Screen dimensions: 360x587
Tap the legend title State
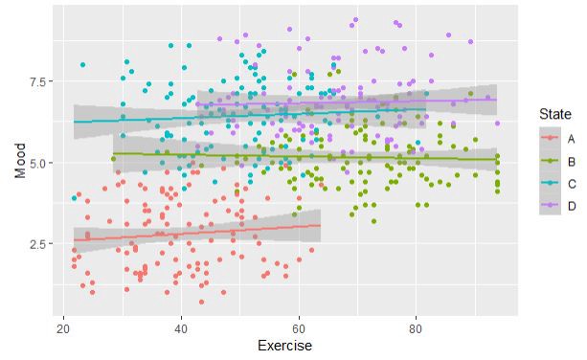click(553, 114)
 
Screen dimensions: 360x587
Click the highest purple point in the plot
click(355, 19)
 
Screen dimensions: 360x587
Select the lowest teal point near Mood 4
click(74, 198)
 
